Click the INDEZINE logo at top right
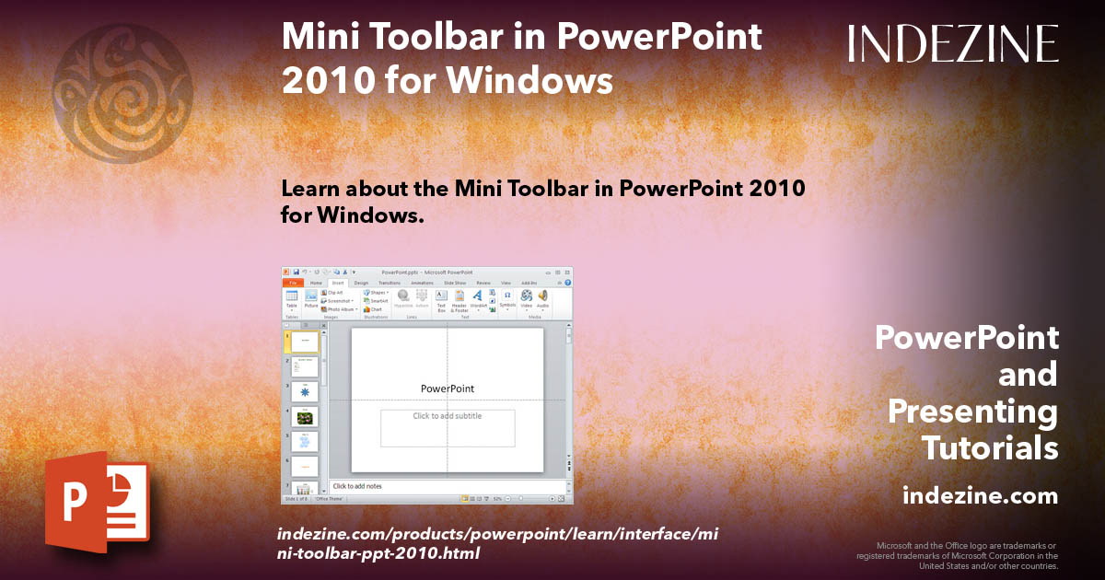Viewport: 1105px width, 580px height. (953, 44)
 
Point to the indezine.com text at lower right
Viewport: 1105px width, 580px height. (980, 496)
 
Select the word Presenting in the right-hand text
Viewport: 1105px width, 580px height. (972, 412)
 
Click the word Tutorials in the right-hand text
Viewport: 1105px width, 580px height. (990, 448)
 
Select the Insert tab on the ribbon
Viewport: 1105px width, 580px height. (337, 283)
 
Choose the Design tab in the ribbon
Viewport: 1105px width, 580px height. (361, 283)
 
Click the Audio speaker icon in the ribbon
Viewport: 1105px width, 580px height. (542, 298)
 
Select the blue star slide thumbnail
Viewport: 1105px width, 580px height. (305, 391)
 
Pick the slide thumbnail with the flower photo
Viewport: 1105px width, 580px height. (305, 417)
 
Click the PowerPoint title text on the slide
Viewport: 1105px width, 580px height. (448, 389)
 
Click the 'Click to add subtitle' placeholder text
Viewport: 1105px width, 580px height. (448, 416)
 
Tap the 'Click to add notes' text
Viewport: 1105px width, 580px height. (357, 486)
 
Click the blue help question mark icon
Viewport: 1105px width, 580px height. (567, 283)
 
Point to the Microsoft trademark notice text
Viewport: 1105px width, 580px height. (958, 555)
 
